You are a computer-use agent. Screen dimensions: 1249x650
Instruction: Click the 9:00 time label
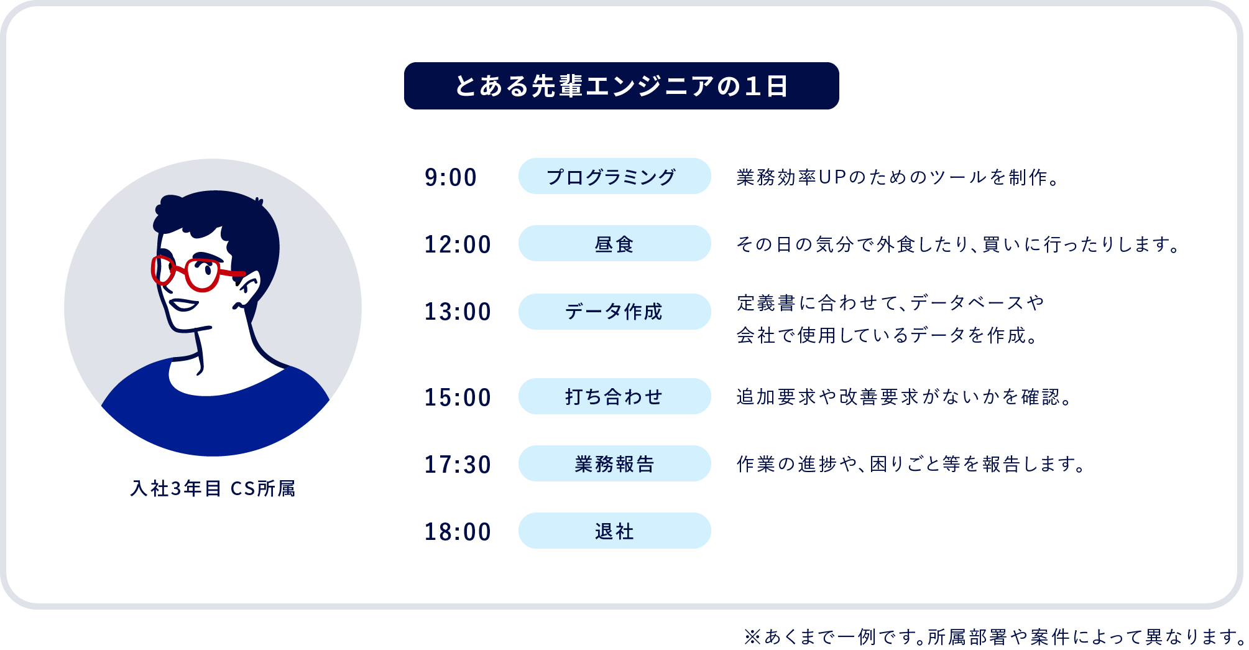click(x=451, y=177)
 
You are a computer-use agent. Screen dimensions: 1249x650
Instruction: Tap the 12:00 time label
click(x=458, y=244)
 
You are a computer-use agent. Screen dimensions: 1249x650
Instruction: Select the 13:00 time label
click(x=458, y=312)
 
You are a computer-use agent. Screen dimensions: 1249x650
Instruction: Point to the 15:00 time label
click(x=458, y=397)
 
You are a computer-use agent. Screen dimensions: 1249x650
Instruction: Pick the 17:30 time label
click(x=458, y=465)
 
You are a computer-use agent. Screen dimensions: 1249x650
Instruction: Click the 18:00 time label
click(x=458, y=532)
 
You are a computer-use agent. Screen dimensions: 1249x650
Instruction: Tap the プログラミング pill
click(x=614, y=176)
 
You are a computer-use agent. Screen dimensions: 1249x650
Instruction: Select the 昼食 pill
click(x=614, y=243)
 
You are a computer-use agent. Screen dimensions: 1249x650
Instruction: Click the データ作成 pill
click(x=614, y=312)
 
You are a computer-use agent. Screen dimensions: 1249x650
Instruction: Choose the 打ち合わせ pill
click(x=614, y=396)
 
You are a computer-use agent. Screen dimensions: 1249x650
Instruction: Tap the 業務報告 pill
click(x=614, y=463)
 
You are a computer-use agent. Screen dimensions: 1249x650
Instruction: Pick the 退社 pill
click(x=614, y=531)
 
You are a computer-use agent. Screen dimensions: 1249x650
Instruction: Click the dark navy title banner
click(x=621, y=86)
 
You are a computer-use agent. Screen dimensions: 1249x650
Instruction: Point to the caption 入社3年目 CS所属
click(x=213, y=489)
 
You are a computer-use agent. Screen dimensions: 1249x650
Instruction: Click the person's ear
click(x=246, y=292)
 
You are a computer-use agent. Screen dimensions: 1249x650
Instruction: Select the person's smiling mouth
click(x=183, y=305)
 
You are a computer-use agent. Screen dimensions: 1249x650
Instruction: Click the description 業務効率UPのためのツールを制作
click(x=898, y=177)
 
